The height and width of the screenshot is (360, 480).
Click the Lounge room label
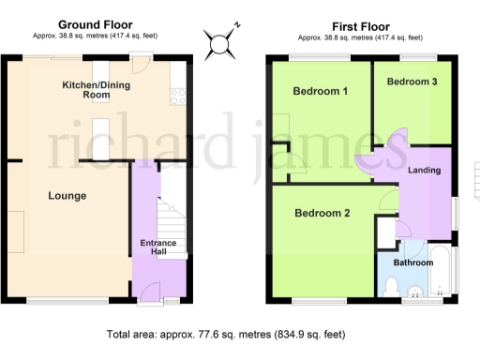click(67, 196)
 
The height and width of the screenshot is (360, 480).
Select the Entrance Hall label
click(158, 248)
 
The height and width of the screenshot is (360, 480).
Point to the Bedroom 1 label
click(321, 92)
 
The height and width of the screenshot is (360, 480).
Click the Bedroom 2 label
click(322, 213)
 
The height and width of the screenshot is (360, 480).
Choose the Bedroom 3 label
click(412, 82)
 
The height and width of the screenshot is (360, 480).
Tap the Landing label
click(426, 170)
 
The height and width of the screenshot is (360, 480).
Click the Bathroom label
click(413, 263)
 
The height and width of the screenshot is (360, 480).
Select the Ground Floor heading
click(96, 25)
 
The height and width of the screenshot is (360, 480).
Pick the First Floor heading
click(360, 25)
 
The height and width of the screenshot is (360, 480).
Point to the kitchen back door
click(141, 64)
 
